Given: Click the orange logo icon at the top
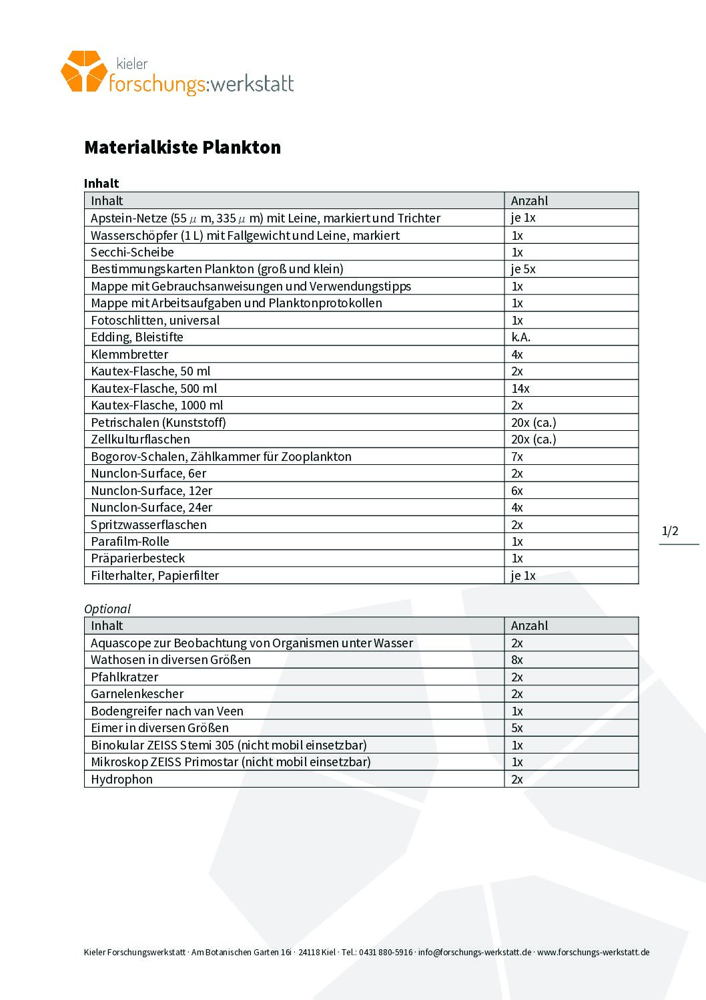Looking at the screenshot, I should [x=83, y=71].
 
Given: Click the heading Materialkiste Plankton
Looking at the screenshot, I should [x=182, y=148].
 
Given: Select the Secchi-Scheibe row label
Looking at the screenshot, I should [x=132, y=253].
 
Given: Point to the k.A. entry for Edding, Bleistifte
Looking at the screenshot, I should [x=520, y=337].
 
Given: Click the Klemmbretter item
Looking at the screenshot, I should [x=129, y=355].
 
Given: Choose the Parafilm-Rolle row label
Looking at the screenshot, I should [x=130, y=542].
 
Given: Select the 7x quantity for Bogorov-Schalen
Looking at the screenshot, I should [x=517, y=457].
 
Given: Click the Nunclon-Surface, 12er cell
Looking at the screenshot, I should [x=151, y=491].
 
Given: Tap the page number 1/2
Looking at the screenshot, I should [x=670, y=532].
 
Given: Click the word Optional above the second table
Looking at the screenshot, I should [x=107, y=609].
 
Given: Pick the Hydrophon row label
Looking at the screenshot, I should [x=121, y=780].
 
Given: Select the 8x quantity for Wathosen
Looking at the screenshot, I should [x=517, y=660].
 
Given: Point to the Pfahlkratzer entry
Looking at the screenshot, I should [x=125, y=677].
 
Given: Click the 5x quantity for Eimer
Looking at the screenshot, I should [x=517, y=728].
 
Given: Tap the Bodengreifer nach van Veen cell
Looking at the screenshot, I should [x=167, y=711].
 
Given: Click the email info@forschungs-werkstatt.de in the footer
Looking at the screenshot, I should [x=474, y=953].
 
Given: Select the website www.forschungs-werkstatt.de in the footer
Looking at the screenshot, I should [x=593, y=953].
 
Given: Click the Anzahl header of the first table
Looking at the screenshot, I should [x=529, y=201].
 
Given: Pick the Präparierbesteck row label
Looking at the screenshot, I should [x=138, y=558].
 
